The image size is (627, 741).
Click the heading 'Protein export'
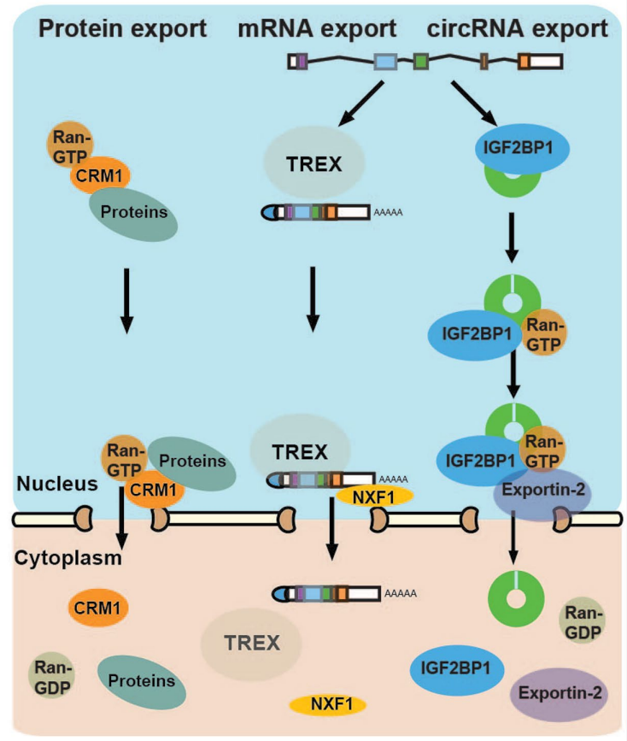pos(122,28)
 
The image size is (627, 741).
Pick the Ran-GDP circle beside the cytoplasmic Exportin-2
pos(583,621)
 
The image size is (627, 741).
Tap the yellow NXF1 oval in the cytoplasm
pos(327,704)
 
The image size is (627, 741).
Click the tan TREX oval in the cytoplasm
pos(253,644)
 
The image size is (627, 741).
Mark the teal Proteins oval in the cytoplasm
pos(141,680)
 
